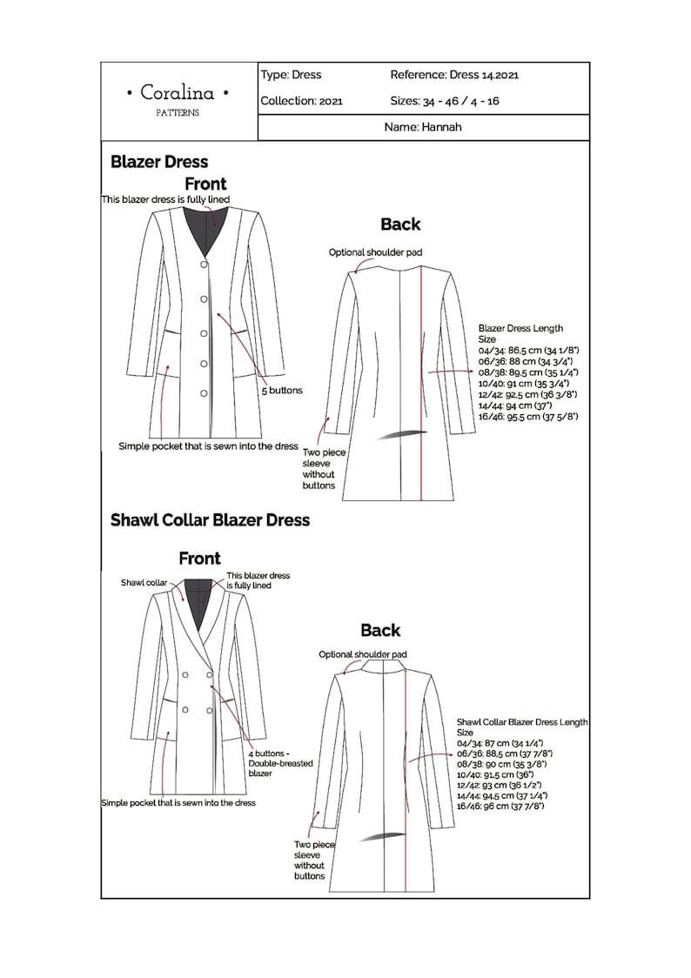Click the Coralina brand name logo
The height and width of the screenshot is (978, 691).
(x=178, y=93)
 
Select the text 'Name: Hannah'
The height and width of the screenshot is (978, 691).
(x=422, y=127)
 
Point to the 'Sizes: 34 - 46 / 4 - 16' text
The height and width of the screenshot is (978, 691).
(x=444, y=101)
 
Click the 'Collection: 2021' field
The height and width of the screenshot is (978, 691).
(x=301, y=101)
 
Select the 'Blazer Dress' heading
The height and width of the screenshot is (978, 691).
(x=159, y=162)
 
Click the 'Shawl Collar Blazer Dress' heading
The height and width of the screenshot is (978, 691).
(x=210, y=520)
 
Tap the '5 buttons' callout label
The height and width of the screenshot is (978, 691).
(x=282, y=391)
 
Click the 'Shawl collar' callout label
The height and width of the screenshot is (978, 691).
(x=144, y=583)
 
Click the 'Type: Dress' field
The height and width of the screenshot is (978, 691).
(x=291, y=76)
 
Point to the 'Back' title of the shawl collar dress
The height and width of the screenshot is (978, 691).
(x=380, y=630)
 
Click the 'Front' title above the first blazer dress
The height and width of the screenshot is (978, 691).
(x=205, y=184)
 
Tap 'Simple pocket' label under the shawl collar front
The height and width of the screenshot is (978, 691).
(x=178, y=803)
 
